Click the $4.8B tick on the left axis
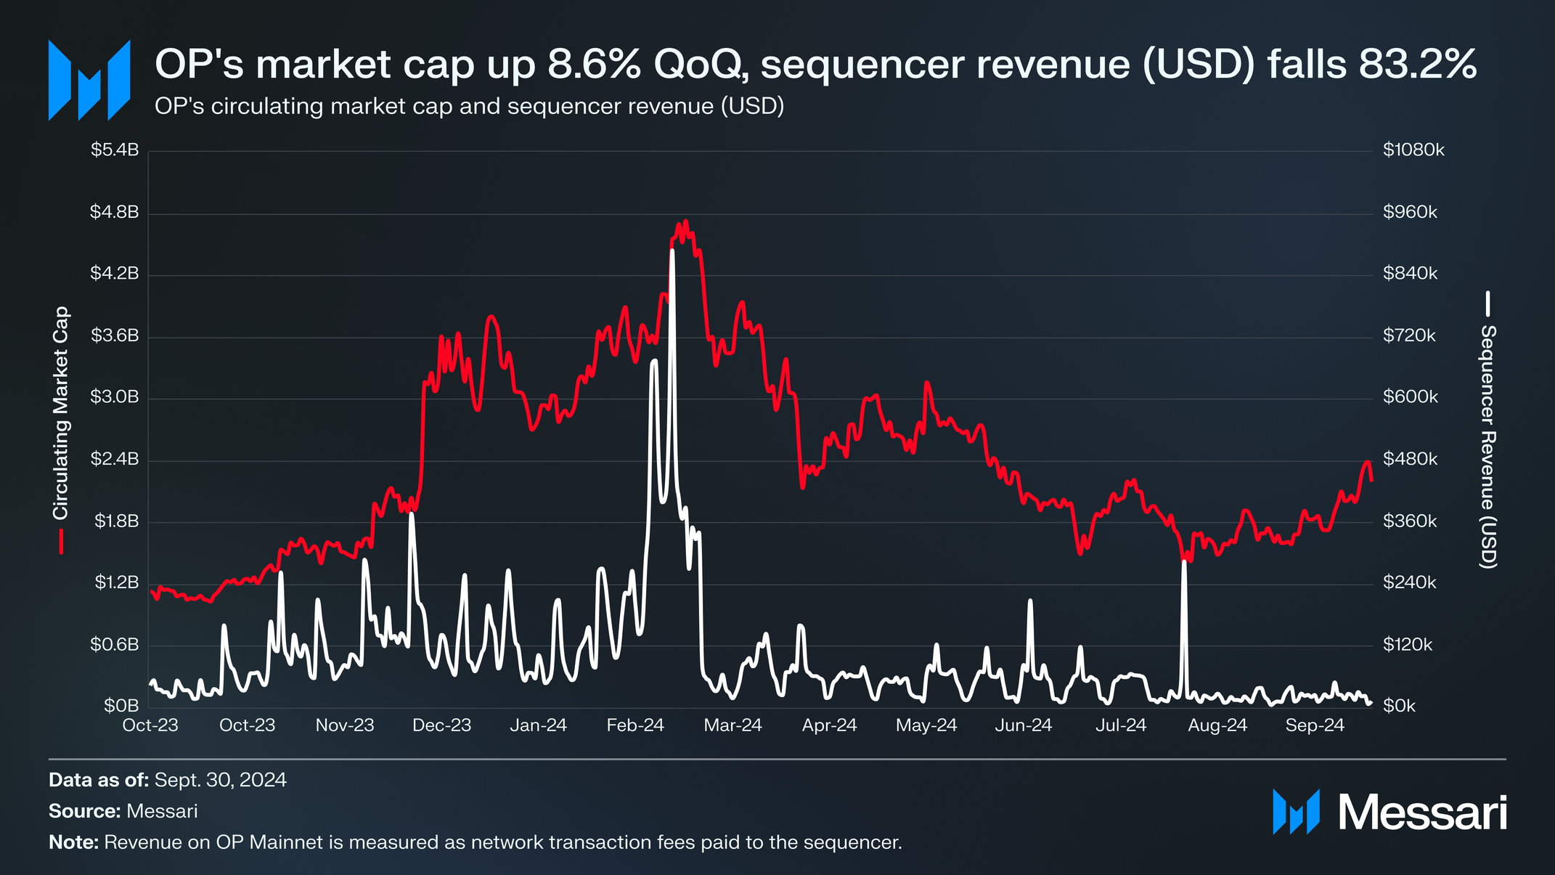click(x=114, y=212)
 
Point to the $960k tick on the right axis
click(x=1410, y=212)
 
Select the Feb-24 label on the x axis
click(x=635, y=725)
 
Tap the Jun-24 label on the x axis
click(x=1023, y=725)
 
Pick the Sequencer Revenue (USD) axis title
click(x=1488, y=446)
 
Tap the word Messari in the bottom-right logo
click(x=1422, y=813)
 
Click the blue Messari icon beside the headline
click(x=89, y=80)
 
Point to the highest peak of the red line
click(x=685, y=221)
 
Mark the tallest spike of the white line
click(x=672, y=251)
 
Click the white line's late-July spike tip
click(x=1184, y=562)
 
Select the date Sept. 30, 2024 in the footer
click(x=221, y=781)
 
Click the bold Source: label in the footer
click(x=84, y=812)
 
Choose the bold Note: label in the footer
click(x=73, y=843)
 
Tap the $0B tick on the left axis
click(x=121, y=706)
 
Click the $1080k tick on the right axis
click(x=1413, y=150)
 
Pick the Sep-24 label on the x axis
click(x=1315, y=725)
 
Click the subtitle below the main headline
click(x=469, y=107)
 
